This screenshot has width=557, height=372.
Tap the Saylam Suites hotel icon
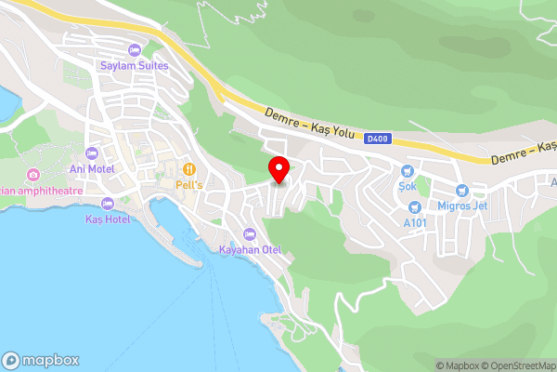135,49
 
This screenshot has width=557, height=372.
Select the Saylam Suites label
135,65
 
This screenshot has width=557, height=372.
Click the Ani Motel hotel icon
91,153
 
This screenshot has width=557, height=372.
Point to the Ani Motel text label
91,169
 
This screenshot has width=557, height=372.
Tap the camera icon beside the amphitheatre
33,175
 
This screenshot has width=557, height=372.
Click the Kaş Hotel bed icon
108,204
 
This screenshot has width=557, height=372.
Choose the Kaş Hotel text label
108,219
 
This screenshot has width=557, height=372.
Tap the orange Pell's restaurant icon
189,168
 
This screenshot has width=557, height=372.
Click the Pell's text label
189,184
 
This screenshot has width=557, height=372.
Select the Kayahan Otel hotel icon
249,233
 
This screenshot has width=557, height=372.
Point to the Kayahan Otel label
249,249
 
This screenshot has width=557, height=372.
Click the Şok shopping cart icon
406,171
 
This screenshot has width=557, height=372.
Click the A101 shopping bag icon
415,206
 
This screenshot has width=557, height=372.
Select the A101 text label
415,222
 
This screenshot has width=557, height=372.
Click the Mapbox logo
40,360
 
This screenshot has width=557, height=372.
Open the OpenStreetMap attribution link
515,365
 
